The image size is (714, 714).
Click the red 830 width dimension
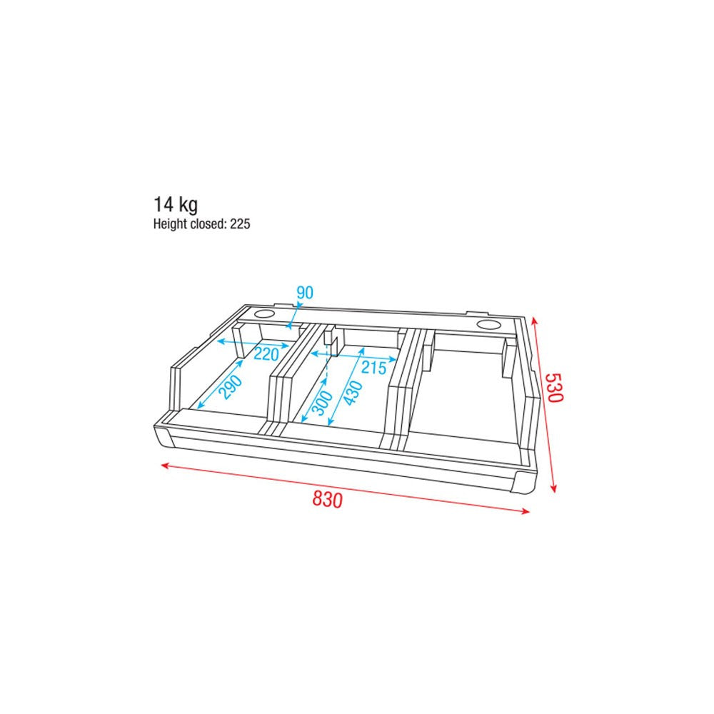[x=327, y=500]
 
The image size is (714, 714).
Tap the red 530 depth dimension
[x=555, y=388]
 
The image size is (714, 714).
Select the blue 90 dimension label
[x=305, y=292]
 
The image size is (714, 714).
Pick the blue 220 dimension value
[x=266, y=353]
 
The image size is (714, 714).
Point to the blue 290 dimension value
[x=231, y=386]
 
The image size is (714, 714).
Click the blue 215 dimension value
[x=373, y=367]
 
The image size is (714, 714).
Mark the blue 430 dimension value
[x=353, y=393]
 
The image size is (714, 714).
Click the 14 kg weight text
[x=176, y=205]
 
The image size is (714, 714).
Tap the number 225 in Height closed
[x=240, y=224]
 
